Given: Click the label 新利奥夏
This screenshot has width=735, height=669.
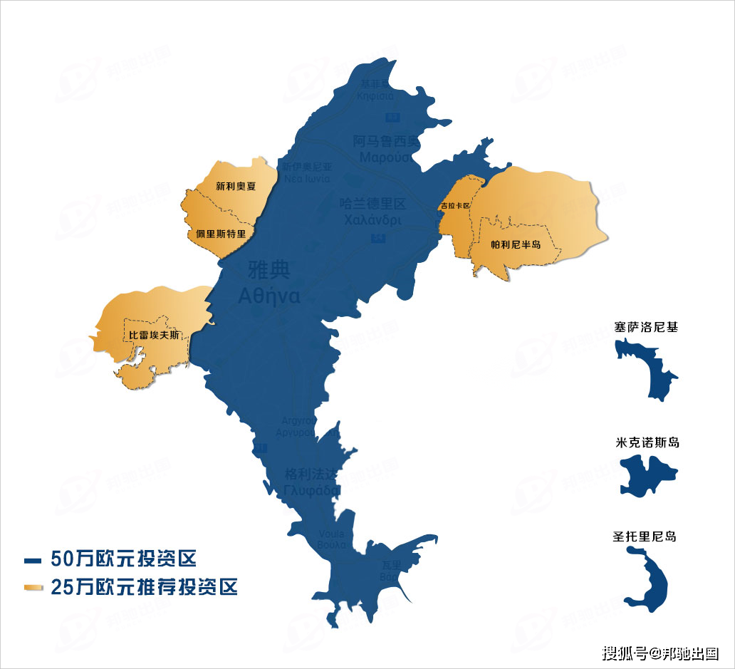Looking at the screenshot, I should (x=236, y=186).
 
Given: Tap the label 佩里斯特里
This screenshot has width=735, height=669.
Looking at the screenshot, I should (x=221, y=233).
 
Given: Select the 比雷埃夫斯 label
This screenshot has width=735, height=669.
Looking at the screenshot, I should (x=153, y=335).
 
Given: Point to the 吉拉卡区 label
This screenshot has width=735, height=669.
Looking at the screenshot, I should (x=455, y=206).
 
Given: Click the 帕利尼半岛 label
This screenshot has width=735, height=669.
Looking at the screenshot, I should (x=516, y=244).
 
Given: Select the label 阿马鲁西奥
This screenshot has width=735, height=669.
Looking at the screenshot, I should (x=387, y=141).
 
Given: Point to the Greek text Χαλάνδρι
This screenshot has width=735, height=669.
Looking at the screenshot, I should (x=373, y=220).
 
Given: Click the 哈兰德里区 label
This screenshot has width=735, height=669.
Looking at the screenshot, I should (x=373, y=204).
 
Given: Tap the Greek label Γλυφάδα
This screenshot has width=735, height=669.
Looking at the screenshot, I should (x=312, y=491).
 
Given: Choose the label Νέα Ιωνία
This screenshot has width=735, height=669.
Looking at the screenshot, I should (x=306, y=178).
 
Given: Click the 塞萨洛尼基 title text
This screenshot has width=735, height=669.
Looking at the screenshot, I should (x=646, y=328).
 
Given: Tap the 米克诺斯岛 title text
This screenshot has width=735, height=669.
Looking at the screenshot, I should (x=647, y=442).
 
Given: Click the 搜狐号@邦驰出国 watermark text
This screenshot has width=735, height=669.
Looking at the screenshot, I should (x=660, y=653).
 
